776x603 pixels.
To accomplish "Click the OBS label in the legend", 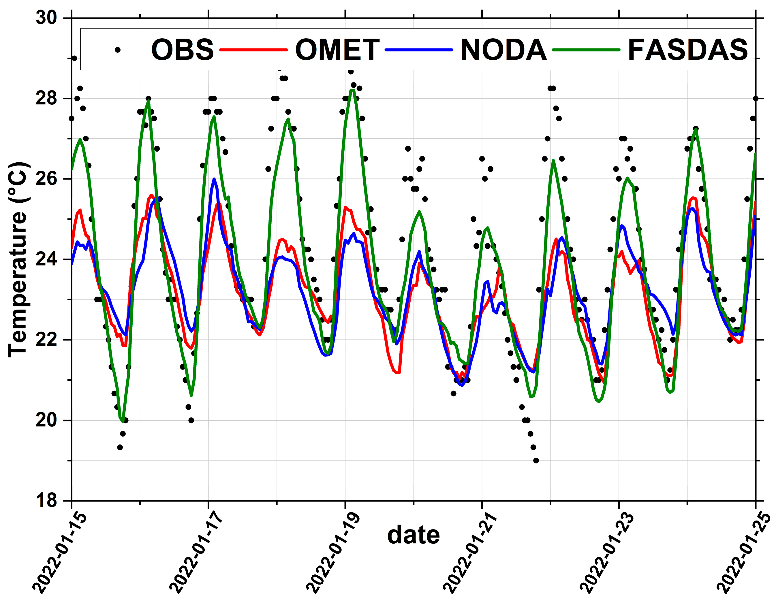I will [x=182, y=50].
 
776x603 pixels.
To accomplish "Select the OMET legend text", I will [x=337, y=50].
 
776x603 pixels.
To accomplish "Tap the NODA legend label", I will [x=503, y=50].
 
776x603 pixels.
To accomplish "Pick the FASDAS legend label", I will [x=687, y=50].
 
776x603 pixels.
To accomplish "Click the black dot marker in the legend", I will [x=118, y=50].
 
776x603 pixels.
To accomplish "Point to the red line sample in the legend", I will [x=253, y=50].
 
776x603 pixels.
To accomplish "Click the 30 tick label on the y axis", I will [x=46, y=18].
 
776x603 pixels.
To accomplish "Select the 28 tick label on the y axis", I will [x=46, y=98].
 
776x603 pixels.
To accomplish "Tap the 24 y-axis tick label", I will [x=46, y=259].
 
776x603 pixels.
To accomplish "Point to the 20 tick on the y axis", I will [x=46, y=420].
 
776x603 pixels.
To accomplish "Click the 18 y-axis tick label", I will [x=46, y=501].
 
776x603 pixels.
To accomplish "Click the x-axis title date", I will [x=413, y=535].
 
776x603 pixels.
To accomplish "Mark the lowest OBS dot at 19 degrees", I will [x=536, y=461].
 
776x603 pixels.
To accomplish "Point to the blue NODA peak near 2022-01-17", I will [x=214, y=179].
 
